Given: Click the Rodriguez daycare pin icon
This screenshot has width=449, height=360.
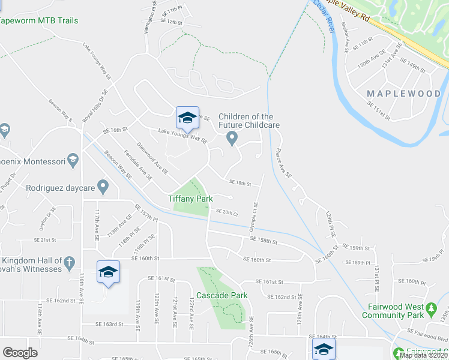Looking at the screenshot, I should pos(103,188).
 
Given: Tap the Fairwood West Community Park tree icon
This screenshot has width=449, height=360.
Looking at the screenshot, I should pos(431,310).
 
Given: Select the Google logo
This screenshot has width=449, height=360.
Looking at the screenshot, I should pos(20,352).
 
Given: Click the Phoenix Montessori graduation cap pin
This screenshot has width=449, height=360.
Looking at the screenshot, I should pos(73,160).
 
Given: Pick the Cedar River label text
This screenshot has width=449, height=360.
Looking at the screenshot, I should pos(323,14).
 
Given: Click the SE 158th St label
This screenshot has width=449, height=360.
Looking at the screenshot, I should pos(264,241).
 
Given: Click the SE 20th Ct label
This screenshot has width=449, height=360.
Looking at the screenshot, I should pos(227,213).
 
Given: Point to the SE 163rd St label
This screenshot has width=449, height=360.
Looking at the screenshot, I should pos(109,324).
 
